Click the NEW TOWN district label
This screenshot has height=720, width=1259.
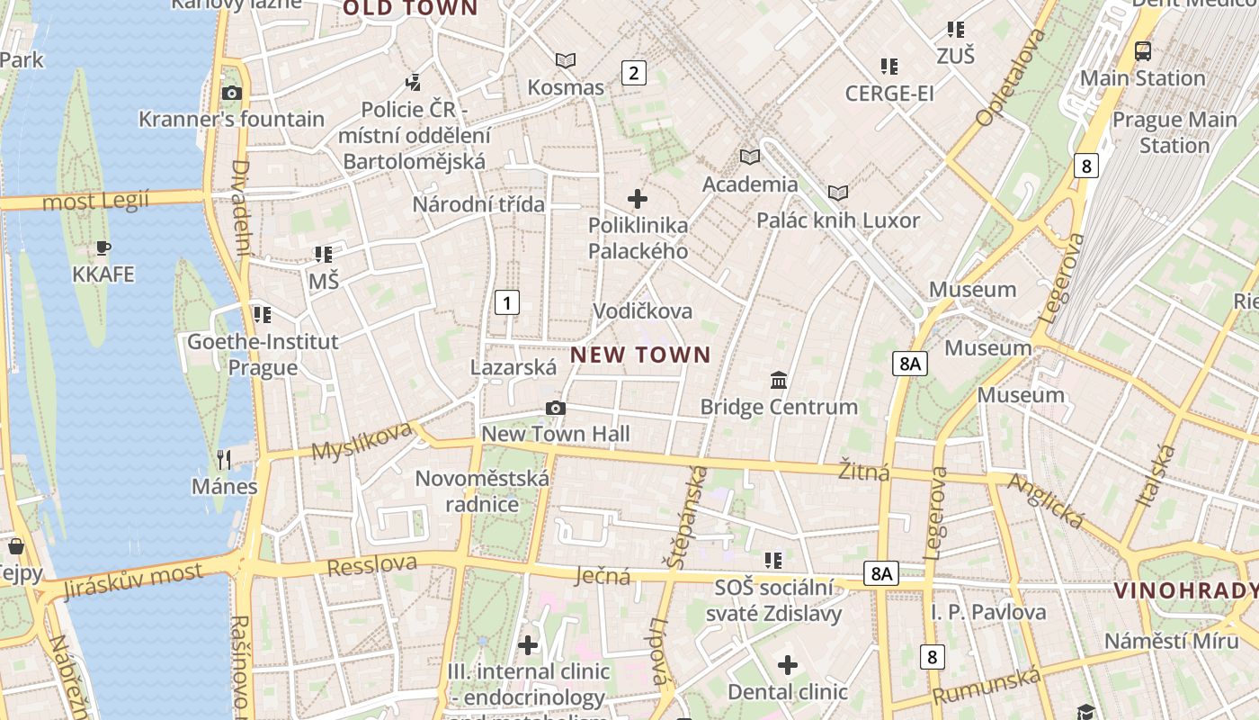640,355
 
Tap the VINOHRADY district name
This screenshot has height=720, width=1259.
1185,590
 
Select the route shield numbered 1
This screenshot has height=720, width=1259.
507,302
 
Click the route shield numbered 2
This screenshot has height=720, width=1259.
634,73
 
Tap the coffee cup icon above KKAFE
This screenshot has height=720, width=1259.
103,247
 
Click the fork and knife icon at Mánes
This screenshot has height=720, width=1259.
224,460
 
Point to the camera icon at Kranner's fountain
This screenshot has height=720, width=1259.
231,93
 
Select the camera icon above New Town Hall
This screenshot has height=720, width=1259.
556,408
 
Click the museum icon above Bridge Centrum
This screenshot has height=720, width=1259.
779,380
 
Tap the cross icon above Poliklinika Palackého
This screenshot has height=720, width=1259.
638,198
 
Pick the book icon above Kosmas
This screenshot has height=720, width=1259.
566,60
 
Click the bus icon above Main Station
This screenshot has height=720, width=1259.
1142,51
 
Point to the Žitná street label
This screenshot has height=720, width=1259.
863,472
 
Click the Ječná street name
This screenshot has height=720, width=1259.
603,576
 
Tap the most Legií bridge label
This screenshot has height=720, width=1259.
95,200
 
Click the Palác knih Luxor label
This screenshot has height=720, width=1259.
837,220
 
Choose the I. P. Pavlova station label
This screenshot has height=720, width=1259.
988,612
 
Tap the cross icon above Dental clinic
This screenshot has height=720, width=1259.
788,665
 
